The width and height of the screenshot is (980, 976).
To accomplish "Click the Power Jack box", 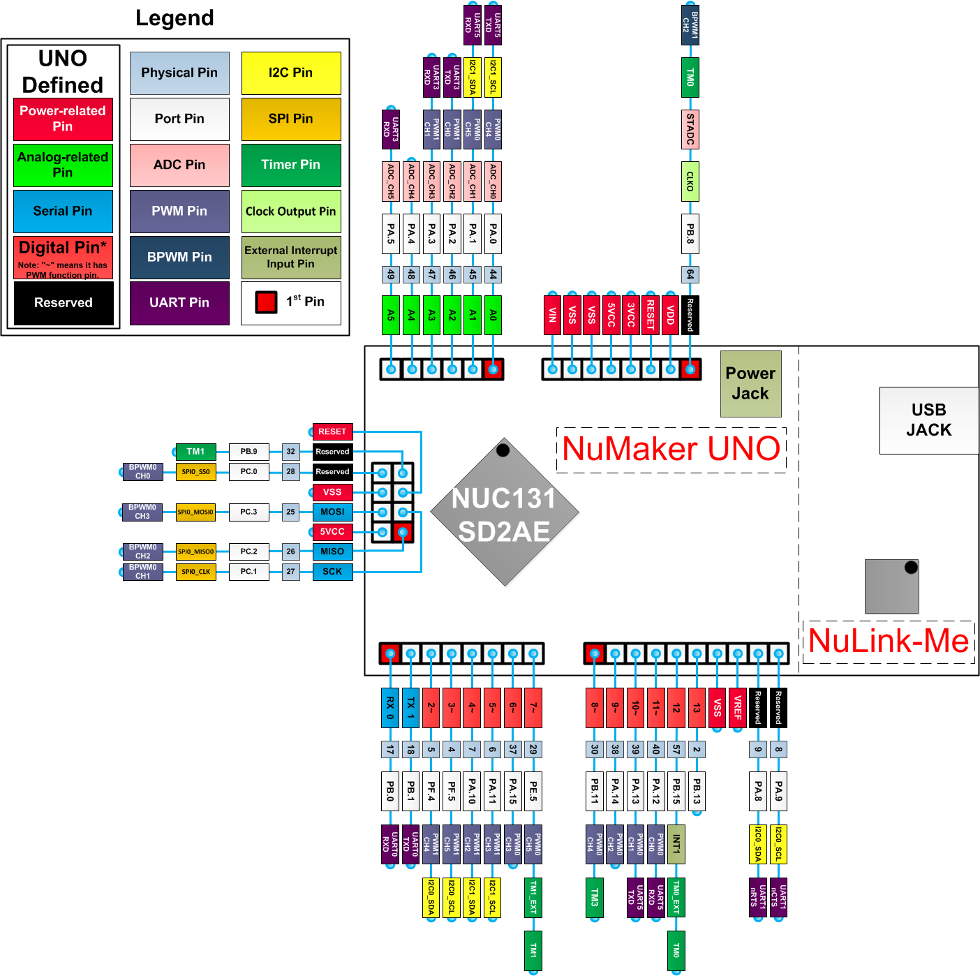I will [750, 384].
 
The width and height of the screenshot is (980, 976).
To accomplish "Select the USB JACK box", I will [928, 420].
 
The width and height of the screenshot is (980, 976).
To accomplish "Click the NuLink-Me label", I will [889, 641].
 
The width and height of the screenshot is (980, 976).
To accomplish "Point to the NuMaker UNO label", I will [671, 449].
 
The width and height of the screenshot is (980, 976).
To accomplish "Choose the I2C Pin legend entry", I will [291, 73].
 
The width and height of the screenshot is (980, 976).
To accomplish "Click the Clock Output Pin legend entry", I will [291, 211].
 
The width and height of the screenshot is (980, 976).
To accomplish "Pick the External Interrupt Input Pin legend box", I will [291, 257].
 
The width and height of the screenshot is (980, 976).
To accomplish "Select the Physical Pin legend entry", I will [179, 73].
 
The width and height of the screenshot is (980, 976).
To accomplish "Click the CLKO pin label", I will [690, 182].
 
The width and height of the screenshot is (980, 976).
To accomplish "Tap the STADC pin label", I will [690, 129].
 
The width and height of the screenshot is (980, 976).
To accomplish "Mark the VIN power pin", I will [553, 315].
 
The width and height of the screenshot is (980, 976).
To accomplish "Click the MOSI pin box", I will [332, 512].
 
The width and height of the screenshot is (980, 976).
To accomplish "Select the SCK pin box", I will [332, 572].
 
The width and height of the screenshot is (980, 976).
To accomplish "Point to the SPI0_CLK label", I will [196, 572].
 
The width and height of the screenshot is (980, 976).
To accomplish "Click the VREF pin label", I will [737, 708].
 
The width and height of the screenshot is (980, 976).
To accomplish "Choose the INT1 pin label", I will [676, 844].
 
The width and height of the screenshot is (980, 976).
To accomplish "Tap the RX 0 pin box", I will [390, 708].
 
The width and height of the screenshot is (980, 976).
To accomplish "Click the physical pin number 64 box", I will [690, 274].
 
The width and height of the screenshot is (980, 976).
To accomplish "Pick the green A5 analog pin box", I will [391, 315].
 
